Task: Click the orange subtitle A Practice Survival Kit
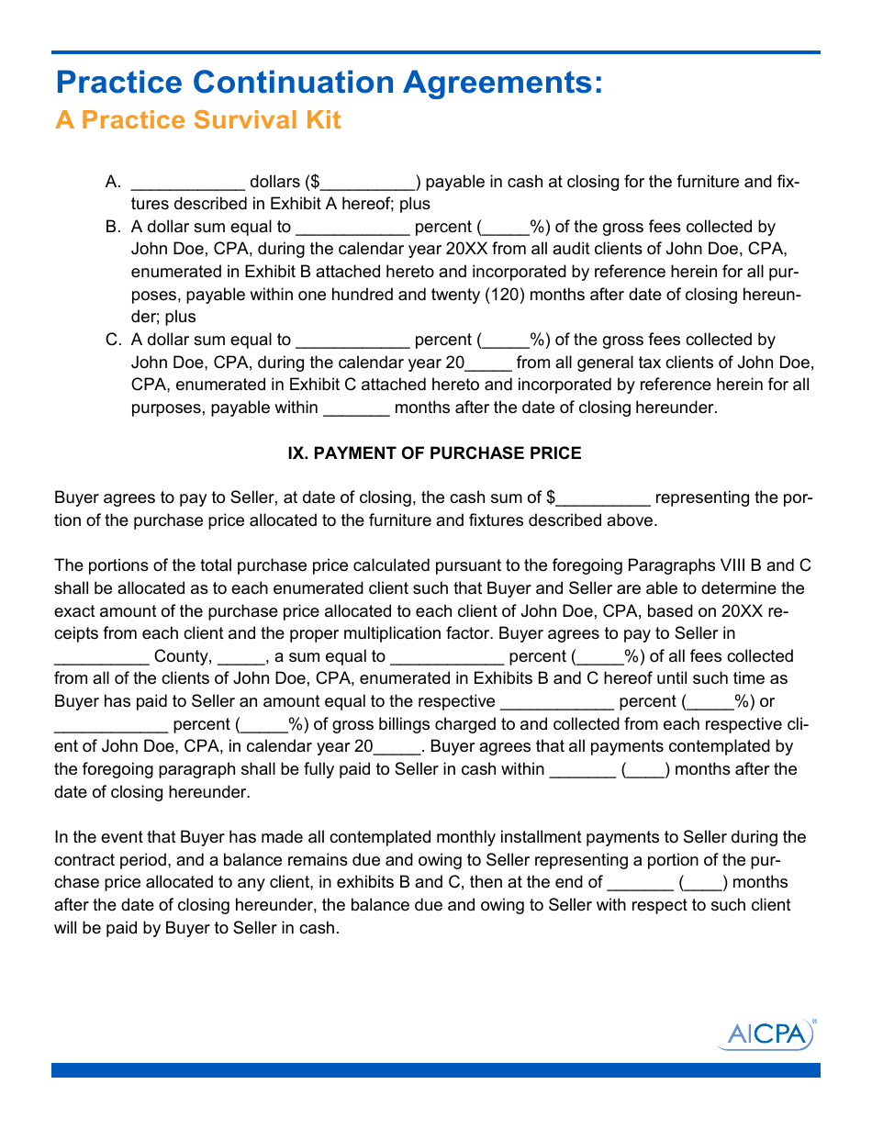[198, 120]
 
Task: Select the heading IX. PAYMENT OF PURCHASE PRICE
[435, 453]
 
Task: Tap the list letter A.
[114, 182]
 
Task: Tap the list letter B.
[114, 227]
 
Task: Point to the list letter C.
[114, 340]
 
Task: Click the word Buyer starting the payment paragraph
[76, 497]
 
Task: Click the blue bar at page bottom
[435, 1070]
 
